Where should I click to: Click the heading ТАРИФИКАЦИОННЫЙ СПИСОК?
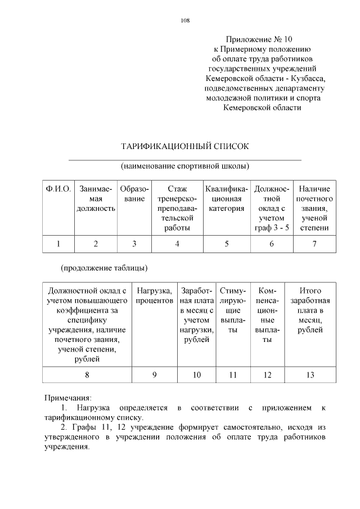(185, 146)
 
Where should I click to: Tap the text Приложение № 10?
(259, 39)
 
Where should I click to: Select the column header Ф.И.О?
(58, 189)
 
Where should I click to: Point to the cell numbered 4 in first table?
(177, 244)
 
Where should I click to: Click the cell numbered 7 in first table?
(314, 244)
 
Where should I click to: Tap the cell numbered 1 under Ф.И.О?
(58, 244)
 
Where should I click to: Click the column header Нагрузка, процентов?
(154, 296)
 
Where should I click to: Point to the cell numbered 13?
(310, 374)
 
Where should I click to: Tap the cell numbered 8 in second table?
(87, 374)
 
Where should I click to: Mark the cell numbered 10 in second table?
(197, 374)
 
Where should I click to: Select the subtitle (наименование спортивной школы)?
(185, 166)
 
